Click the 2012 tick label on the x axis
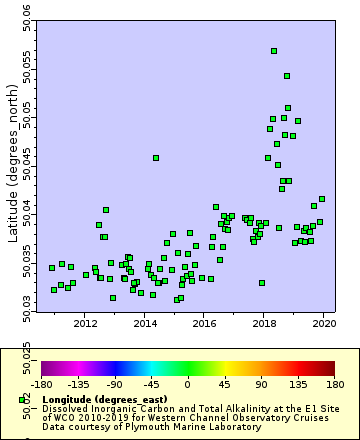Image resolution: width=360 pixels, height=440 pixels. pyautogui.click(x=85, y=324)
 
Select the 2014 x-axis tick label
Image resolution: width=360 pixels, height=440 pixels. pyautogui.click(x=145, y=324)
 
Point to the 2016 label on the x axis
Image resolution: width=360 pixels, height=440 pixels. pyautogui.click(x=204, y=324)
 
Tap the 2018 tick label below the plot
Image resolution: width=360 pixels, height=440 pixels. pyautogui.click(x=264, y=324)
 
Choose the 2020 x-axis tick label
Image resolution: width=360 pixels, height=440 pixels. pyautogui.click(x=324, y=324)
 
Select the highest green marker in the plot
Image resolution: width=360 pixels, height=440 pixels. pyautogui.click(x=274, y=51)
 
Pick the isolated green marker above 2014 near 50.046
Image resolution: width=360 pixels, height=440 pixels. pyautogui.click(x=156, y=158)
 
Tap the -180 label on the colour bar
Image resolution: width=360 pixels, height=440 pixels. pyautogui.click(x=42, y=383)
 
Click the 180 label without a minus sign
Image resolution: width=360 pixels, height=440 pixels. pyautogui.click(x=334, y=383)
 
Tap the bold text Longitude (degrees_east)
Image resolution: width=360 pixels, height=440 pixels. pyautogui.click(x=106, y=400)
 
